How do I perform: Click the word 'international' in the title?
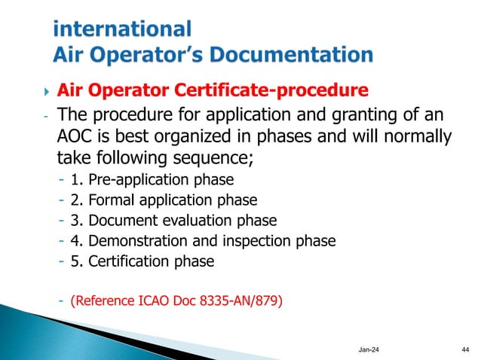point(123,29)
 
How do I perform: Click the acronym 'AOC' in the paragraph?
point(78,138)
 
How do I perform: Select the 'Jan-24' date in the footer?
point(371,349)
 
